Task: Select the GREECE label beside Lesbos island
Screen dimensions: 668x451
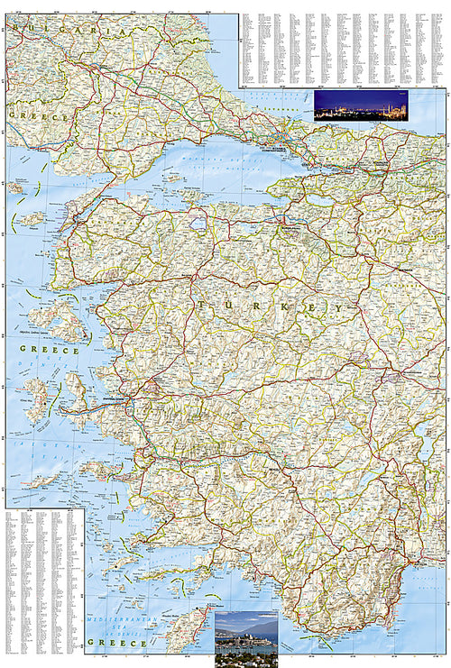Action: (x=50, y=349)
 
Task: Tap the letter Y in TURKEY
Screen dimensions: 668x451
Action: (x=338, y=307)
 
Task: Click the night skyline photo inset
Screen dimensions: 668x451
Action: (x=361, y=105)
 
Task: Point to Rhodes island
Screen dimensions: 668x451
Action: (x=194, y=631)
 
